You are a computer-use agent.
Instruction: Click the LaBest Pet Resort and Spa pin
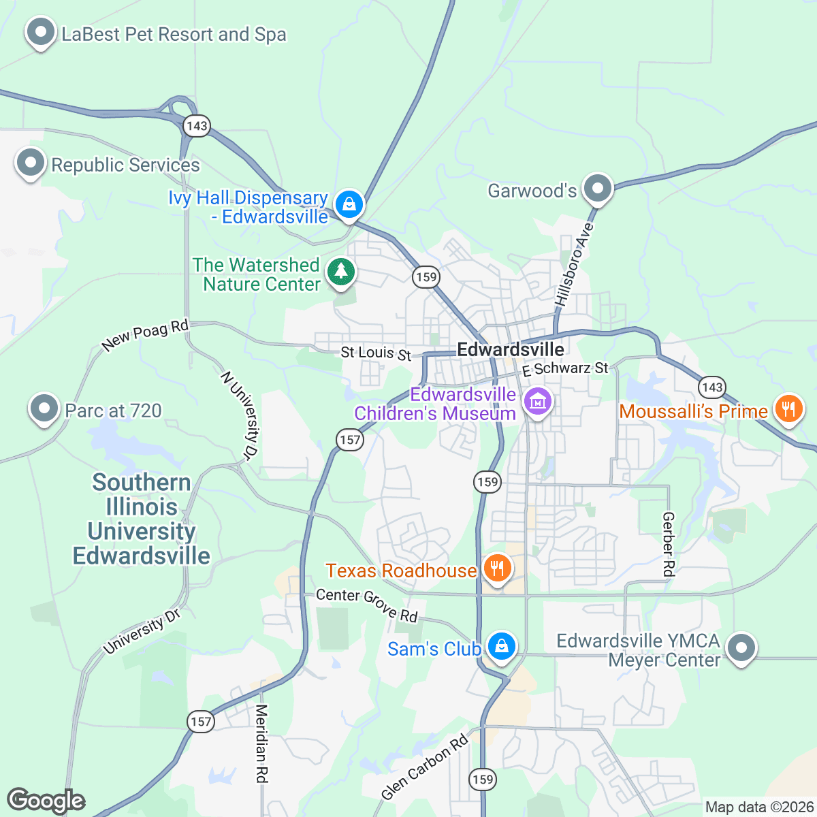[x=41, y=33]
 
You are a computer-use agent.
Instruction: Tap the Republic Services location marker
[x=31, y=163]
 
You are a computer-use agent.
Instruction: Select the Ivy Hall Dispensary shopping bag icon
[x=349, y=204]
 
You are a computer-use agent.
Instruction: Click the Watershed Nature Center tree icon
[x=341, y=272]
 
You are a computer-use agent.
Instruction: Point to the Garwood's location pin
[x=598, y=189]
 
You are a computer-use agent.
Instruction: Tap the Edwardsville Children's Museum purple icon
[x=538, y=402]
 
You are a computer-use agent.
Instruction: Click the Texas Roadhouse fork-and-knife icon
[x=498, y=568]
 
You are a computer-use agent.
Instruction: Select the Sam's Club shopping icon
[x=502, y=646]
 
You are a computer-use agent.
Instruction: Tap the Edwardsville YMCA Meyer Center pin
[x=741, y=647]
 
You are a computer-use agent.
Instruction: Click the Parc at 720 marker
[x=44, y=409]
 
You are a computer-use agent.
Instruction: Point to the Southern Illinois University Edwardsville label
[x=142, y=519]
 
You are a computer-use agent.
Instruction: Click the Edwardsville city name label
[x=511, y=350]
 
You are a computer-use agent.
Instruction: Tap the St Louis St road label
[x=376, y=353]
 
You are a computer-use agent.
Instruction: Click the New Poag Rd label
[x=145, y=336]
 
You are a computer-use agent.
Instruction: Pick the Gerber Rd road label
[x=669, y=545]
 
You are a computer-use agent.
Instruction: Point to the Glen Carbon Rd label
[x=425, y=767]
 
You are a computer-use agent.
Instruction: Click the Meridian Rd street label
[x=262, y=743]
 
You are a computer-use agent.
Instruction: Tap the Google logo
[x=46, y=801]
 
